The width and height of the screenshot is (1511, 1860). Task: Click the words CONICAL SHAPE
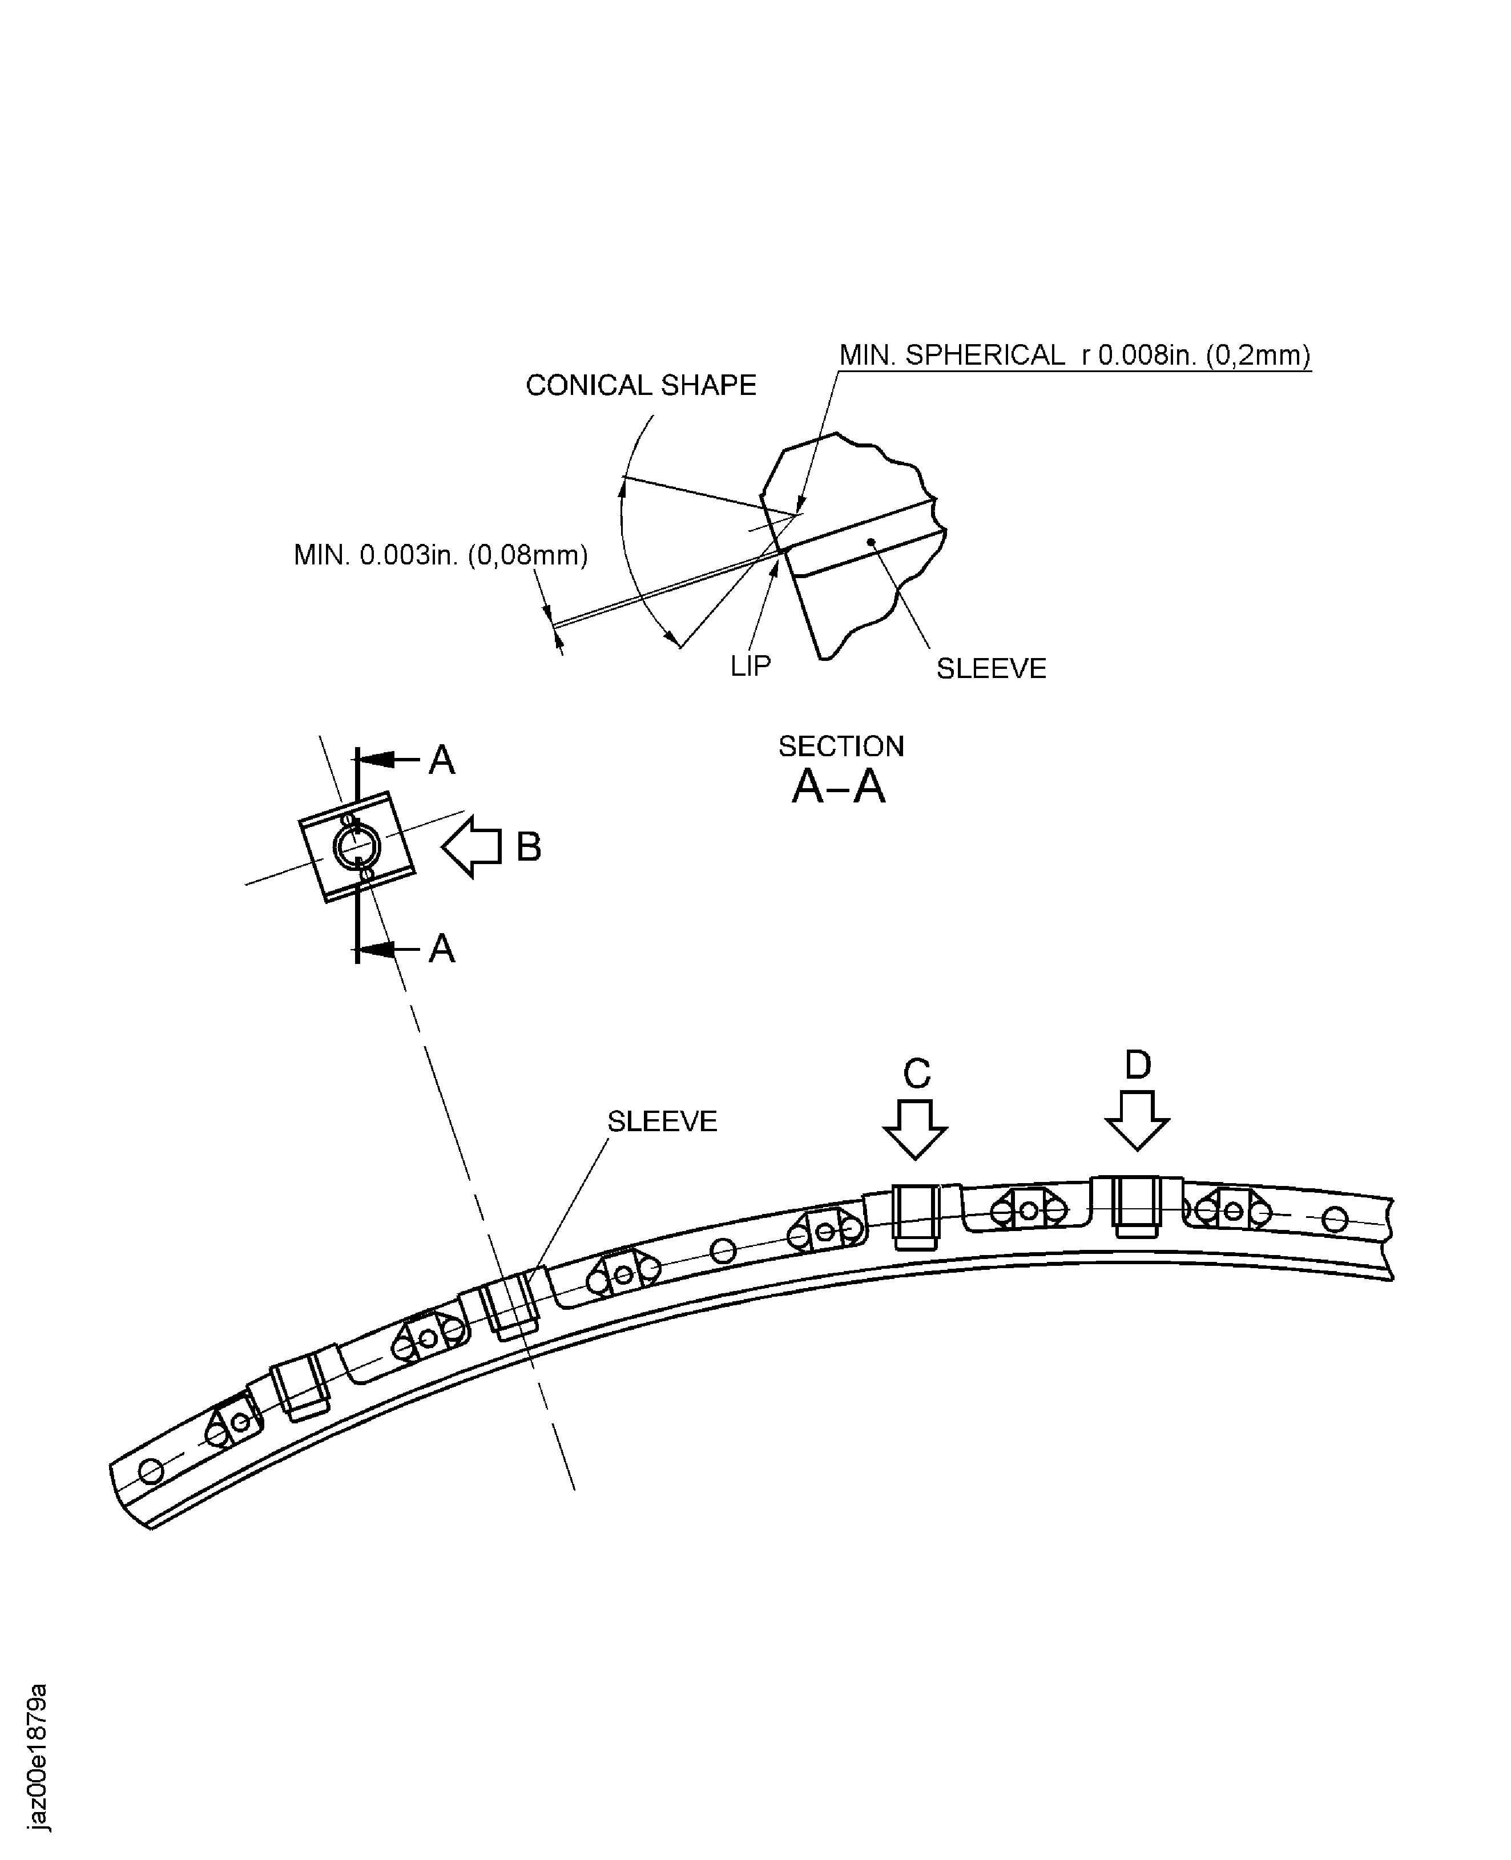pyautogui.click(x=640, y=386)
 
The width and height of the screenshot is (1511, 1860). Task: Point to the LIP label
pyautogui.click(x=750, y=666)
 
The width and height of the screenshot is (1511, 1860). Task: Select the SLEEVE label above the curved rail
pyautogui.click(x=662, y=1121)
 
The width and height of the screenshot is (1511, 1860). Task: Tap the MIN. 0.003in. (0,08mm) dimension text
pyautogui.click(x=441, y=555)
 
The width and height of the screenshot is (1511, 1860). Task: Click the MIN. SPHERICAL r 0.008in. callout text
pyautogui.click(x=1074, y=355)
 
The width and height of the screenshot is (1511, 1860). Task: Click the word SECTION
pyautogui.click(x=841, y=746)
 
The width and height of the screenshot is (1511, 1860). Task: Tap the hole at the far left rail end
pyautogui.click(x=151, y=1472)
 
